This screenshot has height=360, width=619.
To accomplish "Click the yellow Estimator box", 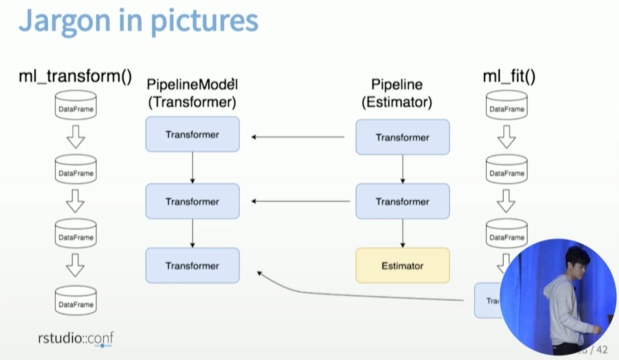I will (x=402, y=265).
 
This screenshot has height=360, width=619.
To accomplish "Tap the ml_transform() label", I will (x=75, y=76).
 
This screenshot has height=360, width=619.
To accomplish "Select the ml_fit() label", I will (x=509, y=76).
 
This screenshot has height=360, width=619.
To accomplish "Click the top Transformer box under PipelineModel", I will (x=192, y=134).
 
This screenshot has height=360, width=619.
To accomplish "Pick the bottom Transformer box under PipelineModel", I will (x=192, y=265).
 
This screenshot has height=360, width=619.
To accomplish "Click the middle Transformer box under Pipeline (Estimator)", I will (x=402, y=201).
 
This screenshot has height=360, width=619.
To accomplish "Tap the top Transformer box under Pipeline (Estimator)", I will (x=402, y=137).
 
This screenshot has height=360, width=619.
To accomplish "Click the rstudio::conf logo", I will (x=76, y=338).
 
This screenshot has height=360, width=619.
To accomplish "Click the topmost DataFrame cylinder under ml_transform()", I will (x=76, y=105).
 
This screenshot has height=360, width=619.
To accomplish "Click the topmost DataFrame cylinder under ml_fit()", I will (x=507, y=105).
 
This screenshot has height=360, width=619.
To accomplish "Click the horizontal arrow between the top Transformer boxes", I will (x=298, y=137).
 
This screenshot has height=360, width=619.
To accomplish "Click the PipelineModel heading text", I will (x=192, y=85).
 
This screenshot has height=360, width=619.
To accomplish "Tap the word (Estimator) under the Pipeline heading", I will (x=397, y=102).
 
